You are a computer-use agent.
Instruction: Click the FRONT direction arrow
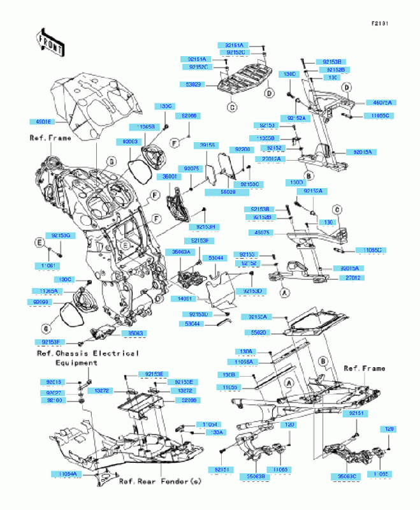[51, 42]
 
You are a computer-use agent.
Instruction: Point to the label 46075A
[383, 102]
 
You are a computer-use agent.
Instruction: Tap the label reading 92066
[189, 116]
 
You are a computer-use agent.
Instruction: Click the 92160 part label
[54, 401]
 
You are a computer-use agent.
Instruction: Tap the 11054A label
[65, 474]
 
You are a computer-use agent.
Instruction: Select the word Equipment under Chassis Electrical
[76, 363]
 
